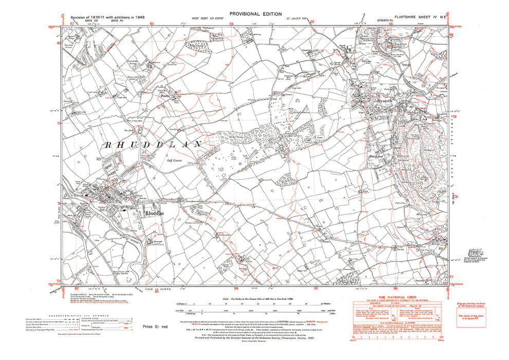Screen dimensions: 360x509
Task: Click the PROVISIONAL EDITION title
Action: [256, 14]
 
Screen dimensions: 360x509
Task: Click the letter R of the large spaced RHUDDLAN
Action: [107, 146]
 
